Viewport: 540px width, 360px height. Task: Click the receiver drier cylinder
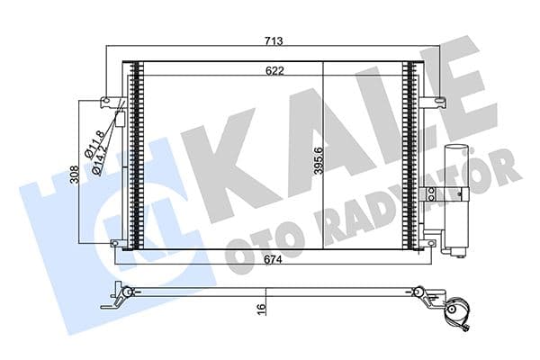[x=457, y=193]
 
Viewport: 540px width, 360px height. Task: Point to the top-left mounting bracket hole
[x=106, y=101]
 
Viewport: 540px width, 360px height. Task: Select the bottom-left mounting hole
[x=113, y=242]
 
